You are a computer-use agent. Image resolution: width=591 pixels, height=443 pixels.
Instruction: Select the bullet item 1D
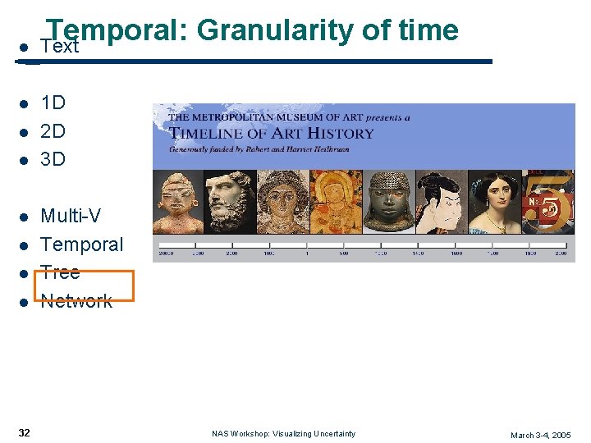click(53, 103)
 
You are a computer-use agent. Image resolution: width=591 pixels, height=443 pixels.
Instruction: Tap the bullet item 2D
click(53, 131)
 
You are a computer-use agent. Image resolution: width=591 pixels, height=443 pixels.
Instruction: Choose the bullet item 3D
click(53, 159)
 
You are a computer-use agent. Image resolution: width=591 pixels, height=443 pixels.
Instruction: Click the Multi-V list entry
click(71, 216)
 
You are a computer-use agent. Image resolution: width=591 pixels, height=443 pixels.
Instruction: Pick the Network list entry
click(76, 301)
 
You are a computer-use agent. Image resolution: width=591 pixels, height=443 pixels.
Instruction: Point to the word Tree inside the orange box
click(60, 272)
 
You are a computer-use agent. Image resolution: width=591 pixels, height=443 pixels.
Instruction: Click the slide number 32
click(25, 432)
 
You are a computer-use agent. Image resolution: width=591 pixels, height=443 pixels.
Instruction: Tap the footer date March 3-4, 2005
click(540, 435)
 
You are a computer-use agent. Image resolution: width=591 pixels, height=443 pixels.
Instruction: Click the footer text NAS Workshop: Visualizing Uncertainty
click(283, 433)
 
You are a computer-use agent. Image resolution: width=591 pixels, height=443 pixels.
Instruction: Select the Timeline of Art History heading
click(271, 133)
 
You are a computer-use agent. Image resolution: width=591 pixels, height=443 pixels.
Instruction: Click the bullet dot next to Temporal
click(25, 245)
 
